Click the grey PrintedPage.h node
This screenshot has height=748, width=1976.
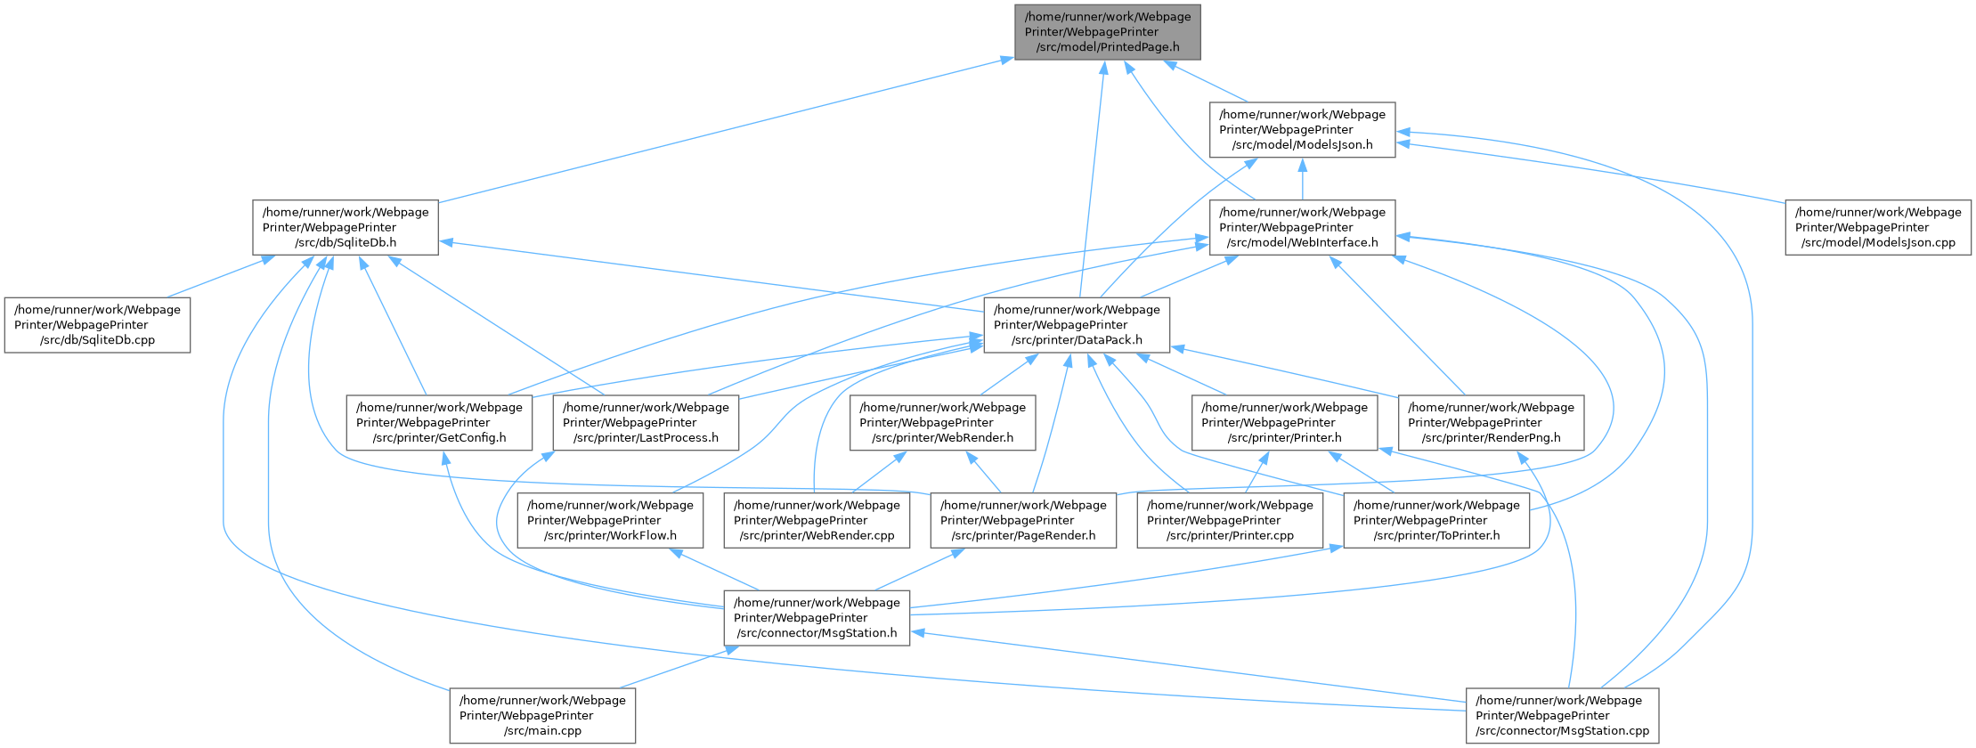(1107, 32)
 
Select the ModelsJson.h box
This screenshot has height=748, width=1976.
(1302, 130)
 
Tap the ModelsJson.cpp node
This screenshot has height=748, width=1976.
(1878, 228)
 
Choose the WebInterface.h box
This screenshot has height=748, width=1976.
(1302, 228)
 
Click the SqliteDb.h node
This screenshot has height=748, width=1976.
(346, 228)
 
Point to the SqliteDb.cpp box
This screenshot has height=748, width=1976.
(97, 326)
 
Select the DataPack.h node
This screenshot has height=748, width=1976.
(1077, 325)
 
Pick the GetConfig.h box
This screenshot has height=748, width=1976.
(440, 423)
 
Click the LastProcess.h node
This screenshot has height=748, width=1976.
(646, 423)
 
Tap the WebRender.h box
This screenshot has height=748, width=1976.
(942, 423)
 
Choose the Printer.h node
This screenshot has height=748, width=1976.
(1284, 423)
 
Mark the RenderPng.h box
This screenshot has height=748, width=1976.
(1491, 423)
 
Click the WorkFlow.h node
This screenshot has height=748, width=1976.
(610, 521)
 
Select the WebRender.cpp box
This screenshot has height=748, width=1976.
(817, 521)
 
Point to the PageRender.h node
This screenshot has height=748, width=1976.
(1023, 521)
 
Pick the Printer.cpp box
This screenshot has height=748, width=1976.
(1230, 521)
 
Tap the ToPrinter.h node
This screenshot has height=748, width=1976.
(1436, 521)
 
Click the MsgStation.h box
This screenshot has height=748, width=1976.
(817, 618)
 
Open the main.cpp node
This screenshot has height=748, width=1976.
(542, 716)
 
